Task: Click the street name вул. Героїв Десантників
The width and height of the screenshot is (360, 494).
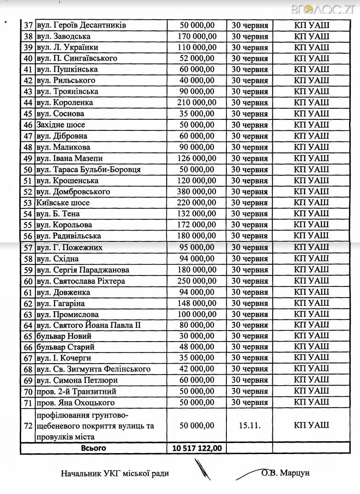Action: [x=81, y=25]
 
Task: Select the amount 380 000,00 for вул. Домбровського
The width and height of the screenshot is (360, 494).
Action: [x=197, y=191]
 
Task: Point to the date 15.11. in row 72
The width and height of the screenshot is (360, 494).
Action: [x=250, y=425]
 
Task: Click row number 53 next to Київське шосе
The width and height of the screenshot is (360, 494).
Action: [x=27, y=203]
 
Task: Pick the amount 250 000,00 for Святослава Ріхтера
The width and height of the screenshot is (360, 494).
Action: [x=197, y=281]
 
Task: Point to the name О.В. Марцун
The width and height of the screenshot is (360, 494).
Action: [x=285, y=472]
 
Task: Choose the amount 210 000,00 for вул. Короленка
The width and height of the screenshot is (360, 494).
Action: [x=197, y=102]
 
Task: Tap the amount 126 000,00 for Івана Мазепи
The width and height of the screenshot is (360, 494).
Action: [x=197, y=158]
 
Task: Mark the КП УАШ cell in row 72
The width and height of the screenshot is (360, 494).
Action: [x=311, y=425]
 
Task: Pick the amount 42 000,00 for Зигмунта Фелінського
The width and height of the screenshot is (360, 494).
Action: [x=197, y=369]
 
